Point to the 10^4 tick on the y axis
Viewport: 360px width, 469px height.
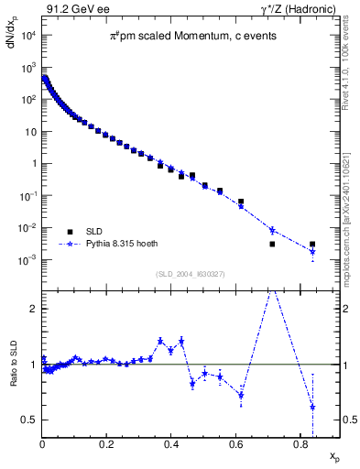28,36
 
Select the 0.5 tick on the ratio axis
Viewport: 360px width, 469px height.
30,420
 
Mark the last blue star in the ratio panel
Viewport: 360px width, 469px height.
312,407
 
